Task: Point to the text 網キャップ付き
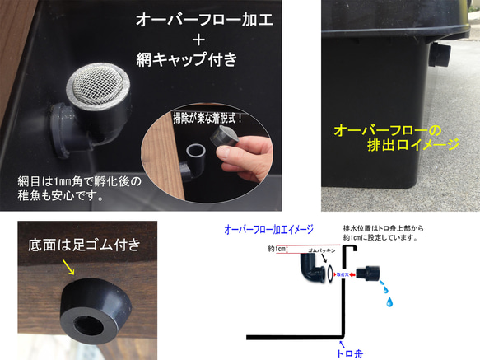(x=187, y=59)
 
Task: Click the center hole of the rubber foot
(x=93, y=313)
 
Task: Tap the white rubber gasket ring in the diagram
(x=330, y=272)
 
